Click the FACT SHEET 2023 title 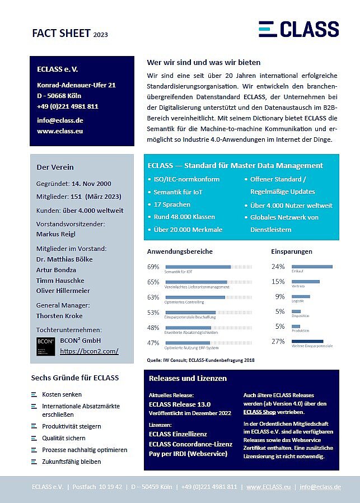70,34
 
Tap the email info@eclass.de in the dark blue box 60,120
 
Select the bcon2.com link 89,351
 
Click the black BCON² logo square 45,346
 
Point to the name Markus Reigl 55,234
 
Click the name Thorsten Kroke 59,316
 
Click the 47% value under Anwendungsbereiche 153,343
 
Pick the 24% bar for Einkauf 312,267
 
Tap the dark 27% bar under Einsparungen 307,341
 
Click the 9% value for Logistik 280,297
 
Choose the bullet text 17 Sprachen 172,204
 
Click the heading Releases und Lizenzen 188,378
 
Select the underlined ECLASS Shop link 260,412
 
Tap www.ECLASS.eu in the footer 268,487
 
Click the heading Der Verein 55,167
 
